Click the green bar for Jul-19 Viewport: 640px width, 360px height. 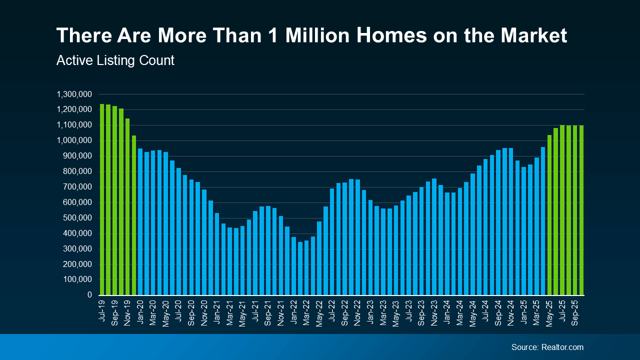click(102, 200)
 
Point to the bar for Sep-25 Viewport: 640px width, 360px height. click(575, 210)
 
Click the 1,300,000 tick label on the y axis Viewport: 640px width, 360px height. click(74, 94)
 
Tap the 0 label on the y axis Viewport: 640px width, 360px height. click(89, 295)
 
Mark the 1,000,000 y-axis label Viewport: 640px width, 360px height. click(74, 140)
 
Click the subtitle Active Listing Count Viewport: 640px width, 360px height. click(115, 60)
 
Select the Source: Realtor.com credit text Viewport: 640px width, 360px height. click(547, 347)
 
